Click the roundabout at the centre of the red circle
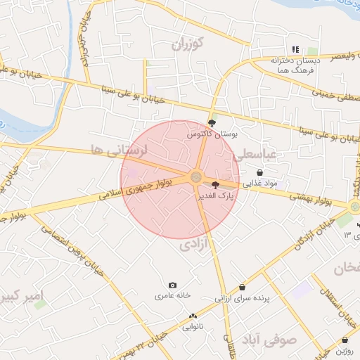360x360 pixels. pyautogui.click(x=196, y=178)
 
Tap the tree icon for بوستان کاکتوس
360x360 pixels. pyautogui.click(x=212, y=122)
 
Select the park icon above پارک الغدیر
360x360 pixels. pyautogui.click(x=215, y=185)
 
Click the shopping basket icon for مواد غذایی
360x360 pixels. pyautogui.click(x=260, y=172)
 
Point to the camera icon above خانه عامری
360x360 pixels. pyautogui.click(x=173, y=285)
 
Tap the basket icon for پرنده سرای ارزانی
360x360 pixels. pyautogui.click(x=243, y=288)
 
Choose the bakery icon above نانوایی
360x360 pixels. pyautogui.click(x=193, y=317)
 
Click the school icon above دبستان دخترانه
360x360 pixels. pyautogui.click(x=296, y=50)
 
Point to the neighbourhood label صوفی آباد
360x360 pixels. pyautogui.click(x=277, y=340)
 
